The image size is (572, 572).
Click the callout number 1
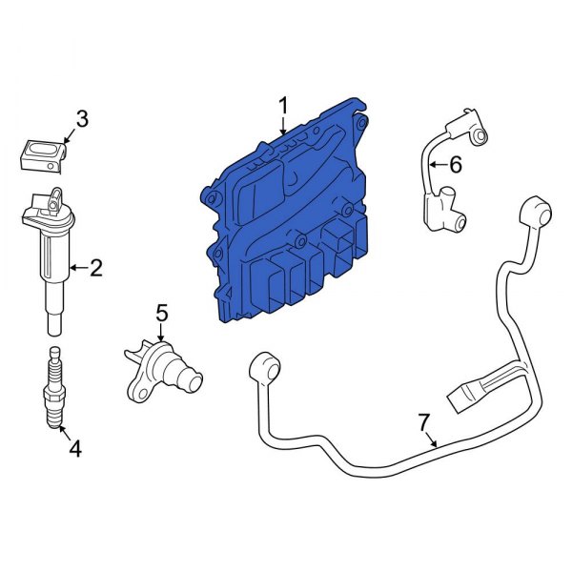coord(282,103)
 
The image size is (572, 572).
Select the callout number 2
coord(95,268)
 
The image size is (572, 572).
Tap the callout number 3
coord(82,119)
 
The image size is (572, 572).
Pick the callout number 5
coord(161,312)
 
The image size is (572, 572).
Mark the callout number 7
coord(424,420)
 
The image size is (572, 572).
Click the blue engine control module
coord(286,219)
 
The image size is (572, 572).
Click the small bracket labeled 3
coord(42,154)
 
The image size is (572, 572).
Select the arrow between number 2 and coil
coord(76,268)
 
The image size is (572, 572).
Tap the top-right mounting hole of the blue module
coord(358,122)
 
